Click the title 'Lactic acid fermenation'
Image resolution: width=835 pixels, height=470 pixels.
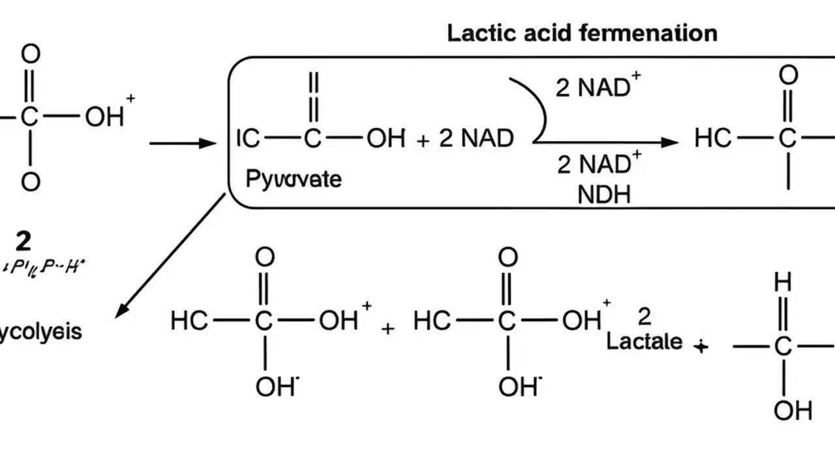pos(582,33)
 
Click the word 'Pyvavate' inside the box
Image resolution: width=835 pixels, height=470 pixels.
pos(294,179)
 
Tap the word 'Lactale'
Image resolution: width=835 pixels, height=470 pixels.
pos(645,341)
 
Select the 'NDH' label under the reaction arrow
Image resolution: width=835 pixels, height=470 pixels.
pos(604,195)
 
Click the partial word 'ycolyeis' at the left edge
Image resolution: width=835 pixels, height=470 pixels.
pos(41,332)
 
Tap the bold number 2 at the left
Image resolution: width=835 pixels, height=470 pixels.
pos(23,242)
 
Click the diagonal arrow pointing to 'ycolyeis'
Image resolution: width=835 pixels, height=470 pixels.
pos(171,256)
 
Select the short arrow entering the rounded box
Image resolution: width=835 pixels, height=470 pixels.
pos(182,143)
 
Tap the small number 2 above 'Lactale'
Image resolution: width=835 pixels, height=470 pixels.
pos(645,317)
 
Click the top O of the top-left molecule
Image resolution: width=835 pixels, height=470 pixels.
pos(31,55)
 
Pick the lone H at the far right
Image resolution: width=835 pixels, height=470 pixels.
pos(783,283)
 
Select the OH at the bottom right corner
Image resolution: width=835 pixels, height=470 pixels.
pos(793,411)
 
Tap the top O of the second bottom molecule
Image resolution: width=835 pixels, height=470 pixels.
pos(508,257)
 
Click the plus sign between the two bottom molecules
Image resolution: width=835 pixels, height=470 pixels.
pos(387,329)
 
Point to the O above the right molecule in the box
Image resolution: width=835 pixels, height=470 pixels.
pos(789,76)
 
